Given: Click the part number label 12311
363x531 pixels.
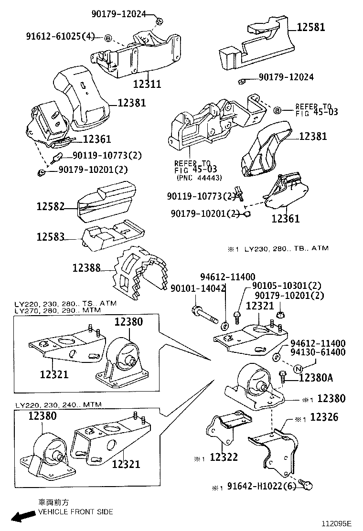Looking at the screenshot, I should pyautogui.click(x=147, y=84).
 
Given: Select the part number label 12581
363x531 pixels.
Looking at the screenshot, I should pyautogui.click(x=311, y=27).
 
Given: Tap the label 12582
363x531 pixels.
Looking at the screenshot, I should pyautogui.click(x=51, y=207).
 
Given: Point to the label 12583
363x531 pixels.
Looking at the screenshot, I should pyautogui.click(x=51, y=236).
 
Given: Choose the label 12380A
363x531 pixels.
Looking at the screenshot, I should pyautogui.click(x=316, y=378).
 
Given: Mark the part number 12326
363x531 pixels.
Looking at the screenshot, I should pyautogui.click(x=324, y=417).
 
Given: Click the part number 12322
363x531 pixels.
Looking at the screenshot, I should pyautogui.click(x=224, y=457).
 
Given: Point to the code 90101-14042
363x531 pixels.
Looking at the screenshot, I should pyautogui.click(x=198, y=288).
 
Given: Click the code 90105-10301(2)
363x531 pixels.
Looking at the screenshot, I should pyautogui.click(x=287, y=286).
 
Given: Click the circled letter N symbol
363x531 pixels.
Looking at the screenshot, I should pyautogui.click(x=298, y=368).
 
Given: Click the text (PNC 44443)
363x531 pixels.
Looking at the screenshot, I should pyautogui.click(x=199, y=178).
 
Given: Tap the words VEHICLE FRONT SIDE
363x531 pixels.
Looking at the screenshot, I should pyautogui.click(x=75, y=512).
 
